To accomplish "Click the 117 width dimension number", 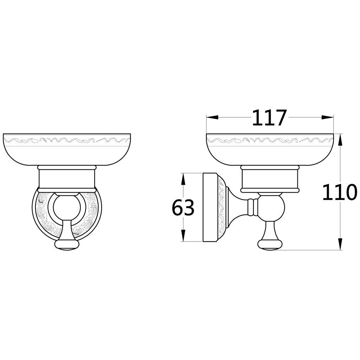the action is (x=270, y=118).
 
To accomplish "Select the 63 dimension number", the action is (x=183, y=207).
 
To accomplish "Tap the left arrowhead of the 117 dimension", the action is (x=212, y=117).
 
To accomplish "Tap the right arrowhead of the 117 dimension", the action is (x=328, y=117).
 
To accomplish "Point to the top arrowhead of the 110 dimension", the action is (x=340, y=139).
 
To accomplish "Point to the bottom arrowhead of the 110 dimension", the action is (x=340, y=244).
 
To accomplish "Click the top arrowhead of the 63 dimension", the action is (x=183, y=179).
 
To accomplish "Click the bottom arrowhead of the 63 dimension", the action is (x=183, y=236).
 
